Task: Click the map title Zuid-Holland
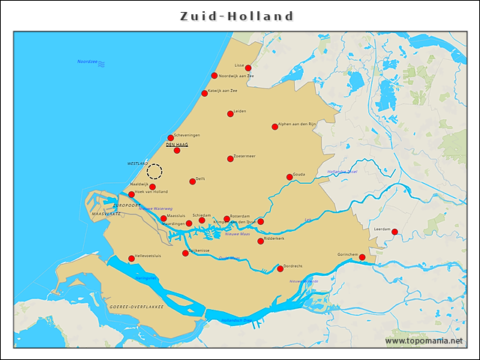[237, 16]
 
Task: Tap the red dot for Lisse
[248, 68]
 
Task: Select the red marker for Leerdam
[394, 232]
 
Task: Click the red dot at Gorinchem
[362, 257]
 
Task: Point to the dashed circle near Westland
[154, 171]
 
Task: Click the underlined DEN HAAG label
[176, 144]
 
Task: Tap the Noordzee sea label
[88, 61]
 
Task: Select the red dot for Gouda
[289, 177]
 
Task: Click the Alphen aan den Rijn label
[298, 124]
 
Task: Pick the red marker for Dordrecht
[280, 268]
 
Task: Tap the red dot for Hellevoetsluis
[131, 259]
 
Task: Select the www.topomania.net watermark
[424, 341]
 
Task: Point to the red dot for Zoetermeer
[230, 158]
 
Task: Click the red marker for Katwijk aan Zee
[204, 94]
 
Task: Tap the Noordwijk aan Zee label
[236, 76]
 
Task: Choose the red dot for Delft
[192, 181]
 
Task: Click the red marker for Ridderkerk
[260, 241]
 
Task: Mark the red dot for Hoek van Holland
[131, 194]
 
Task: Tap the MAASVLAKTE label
[106, 214]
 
